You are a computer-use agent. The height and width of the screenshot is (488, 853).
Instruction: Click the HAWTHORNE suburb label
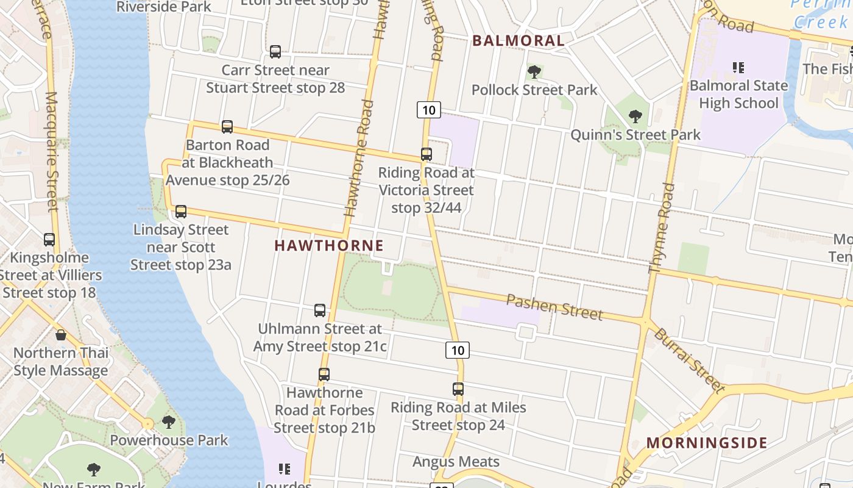tap(329, 246)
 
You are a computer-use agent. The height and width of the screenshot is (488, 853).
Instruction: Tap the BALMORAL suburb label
tap(519, 41)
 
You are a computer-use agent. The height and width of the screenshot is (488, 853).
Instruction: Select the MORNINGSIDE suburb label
tap(707, 443)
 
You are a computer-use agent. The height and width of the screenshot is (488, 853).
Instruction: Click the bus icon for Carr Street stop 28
tap(275, 52)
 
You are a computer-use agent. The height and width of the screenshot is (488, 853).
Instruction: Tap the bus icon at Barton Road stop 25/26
tap(227, 127)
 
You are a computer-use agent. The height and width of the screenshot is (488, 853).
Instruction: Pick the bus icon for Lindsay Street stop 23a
tap(181, 212)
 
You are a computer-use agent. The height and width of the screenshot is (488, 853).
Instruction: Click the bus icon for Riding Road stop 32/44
tap(426, 154)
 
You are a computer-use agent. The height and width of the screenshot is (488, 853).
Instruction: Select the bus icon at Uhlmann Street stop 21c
tap(320, 310)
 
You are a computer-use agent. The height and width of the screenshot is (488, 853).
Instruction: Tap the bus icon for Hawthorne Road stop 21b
tap(324, 375)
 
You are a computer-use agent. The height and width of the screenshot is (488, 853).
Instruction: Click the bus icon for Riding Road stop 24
tap(458, 389)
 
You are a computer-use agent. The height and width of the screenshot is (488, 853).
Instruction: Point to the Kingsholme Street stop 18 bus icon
tap(49, 240)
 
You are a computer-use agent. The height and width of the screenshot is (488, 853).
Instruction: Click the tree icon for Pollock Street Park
tap(534, 72)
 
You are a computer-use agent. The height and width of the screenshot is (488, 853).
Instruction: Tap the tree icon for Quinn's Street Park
tap(635, 117)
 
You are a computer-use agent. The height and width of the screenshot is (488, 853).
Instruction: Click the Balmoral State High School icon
tap(738, 68)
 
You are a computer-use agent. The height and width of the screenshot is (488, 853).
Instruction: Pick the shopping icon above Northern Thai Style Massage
tap(61, 335)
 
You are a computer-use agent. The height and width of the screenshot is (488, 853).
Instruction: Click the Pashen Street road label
tap(554, 307)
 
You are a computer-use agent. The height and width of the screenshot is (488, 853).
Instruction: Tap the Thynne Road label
tap(662, 228)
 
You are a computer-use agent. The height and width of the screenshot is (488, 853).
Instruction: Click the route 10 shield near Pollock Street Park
tap(429, 110)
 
